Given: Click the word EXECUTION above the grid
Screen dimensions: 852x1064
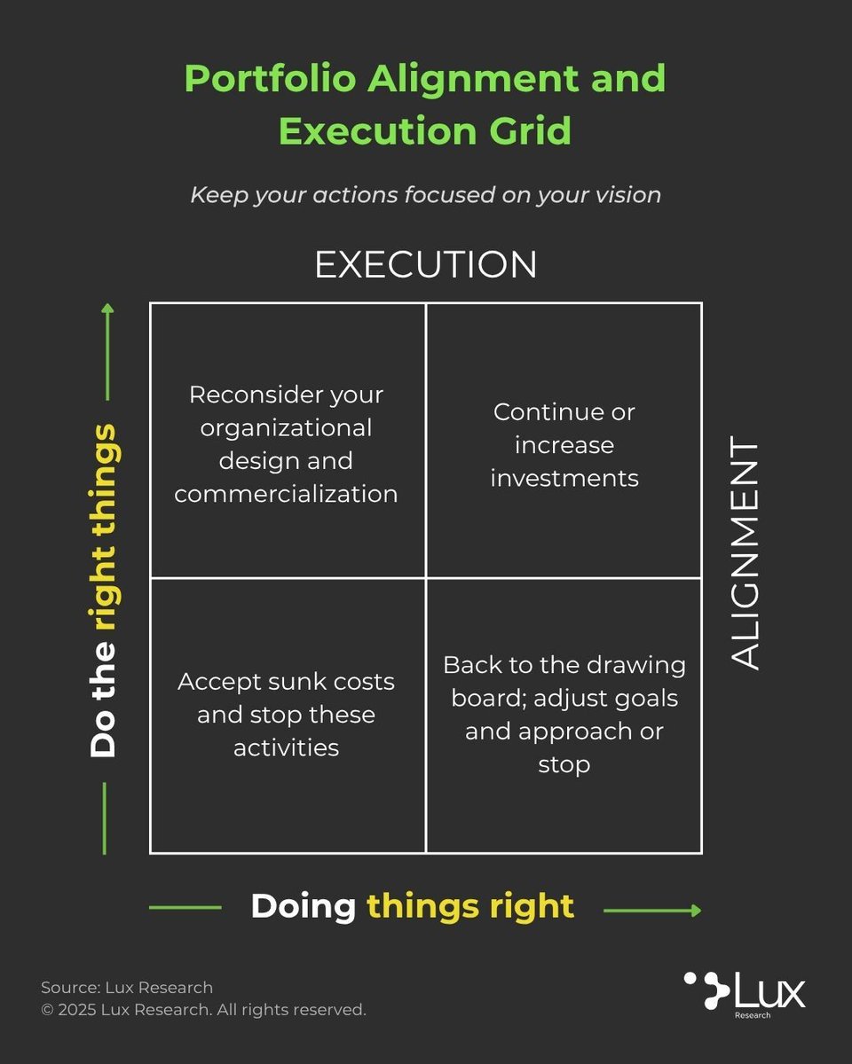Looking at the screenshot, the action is [426, 264].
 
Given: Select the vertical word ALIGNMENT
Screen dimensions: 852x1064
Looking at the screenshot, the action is [745, 554].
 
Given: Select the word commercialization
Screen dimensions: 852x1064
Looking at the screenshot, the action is [286, 494].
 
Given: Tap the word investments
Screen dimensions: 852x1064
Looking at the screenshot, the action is [564, 478].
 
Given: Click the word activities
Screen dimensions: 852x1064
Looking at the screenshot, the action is [286, 747].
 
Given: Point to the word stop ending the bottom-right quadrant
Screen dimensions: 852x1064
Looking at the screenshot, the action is [564, 764].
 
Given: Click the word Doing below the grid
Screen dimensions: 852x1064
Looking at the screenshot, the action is [303, 906].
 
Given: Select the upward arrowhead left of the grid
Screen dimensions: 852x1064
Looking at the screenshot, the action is [107, 309].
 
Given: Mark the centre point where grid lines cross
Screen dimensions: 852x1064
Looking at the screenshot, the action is [426, 578].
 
